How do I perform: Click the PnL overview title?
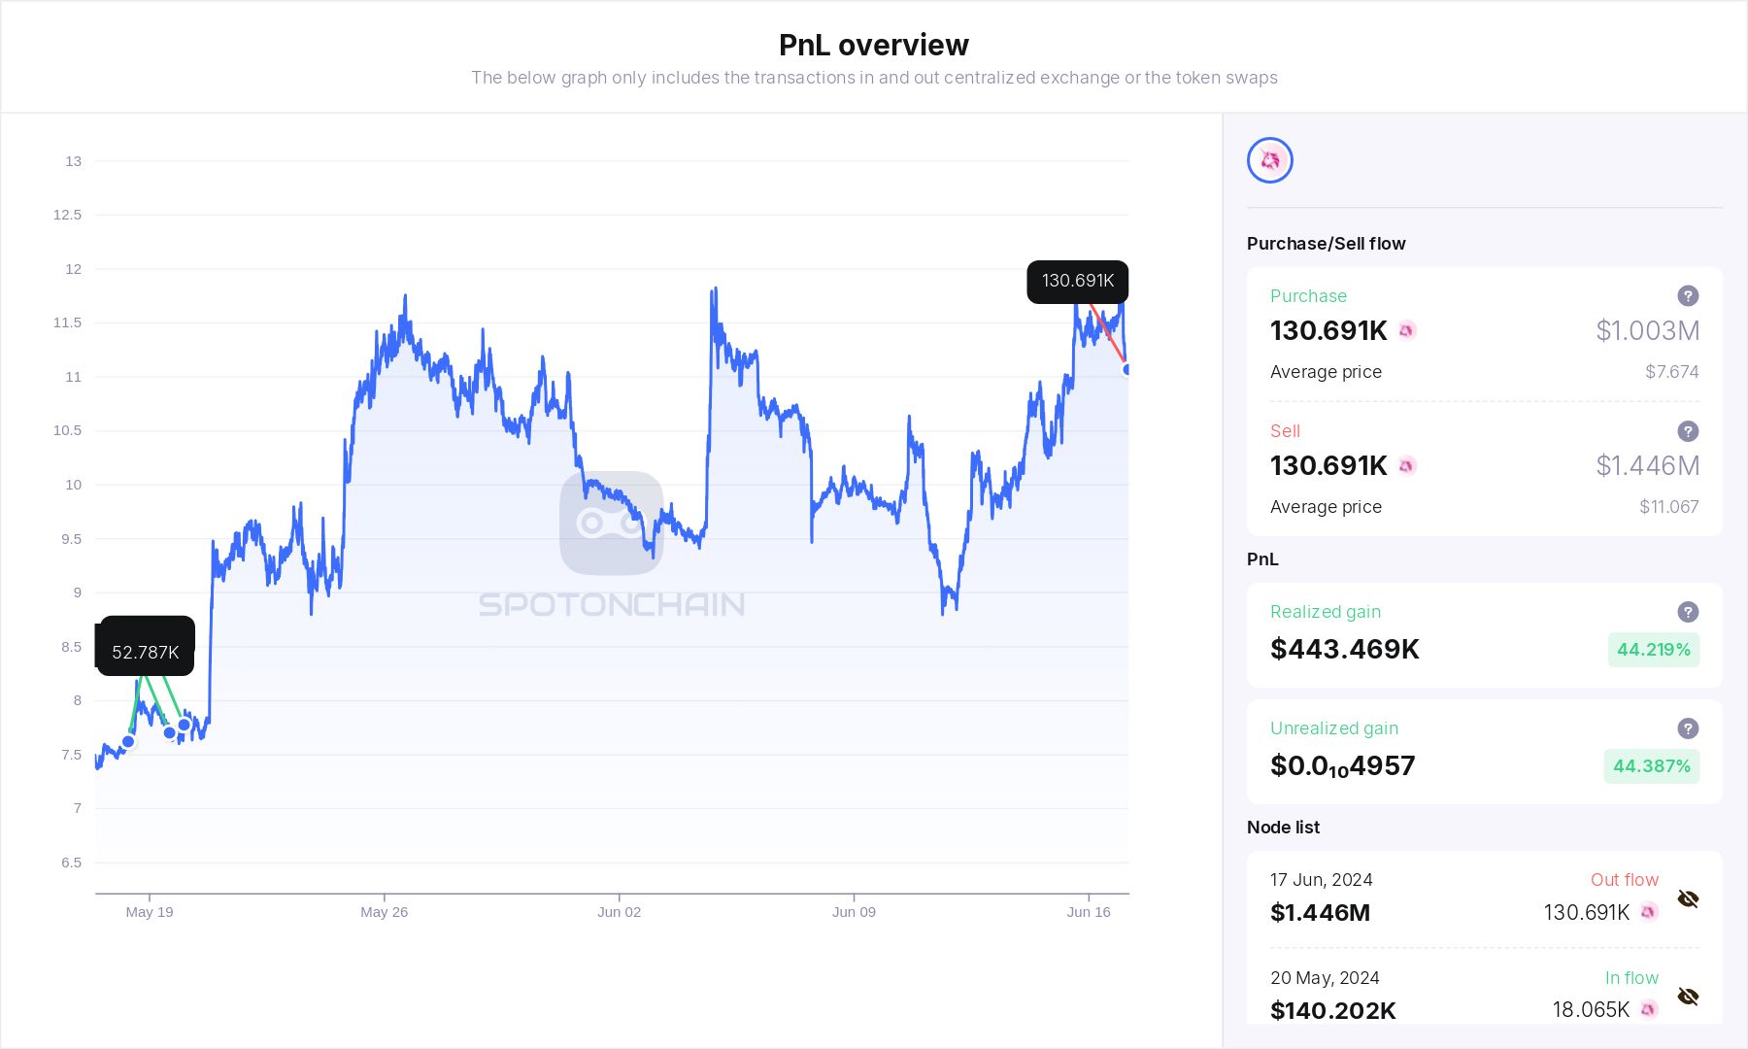coord(873,45)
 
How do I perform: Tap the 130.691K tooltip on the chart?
coord(1077,282)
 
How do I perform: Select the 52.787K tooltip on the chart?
coord(146,652)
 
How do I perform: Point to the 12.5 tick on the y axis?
coord(67,215)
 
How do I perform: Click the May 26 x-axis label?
coord(384,912)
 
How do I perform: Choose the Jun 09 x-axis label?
coord(854,912)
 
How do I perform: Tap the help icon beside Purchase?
coord(1688,296)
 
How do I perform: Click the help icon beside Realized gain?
coord(1688,612)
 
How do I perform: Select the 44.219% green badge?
coord(1653,650)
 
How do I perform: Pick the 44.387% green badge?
coord(1651,766)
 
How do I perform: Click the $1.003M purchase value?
coord(1647,331)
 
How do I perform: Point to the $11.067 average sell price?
coord(1668,507)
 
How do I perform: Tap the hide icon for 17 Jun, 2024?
coord(1688,899)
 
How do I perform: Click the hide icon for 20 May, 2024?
coord(1688,998)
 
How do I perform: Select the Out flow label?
coord(1624,880)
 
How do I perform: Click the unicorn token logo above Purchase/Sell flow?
coord(1269,160)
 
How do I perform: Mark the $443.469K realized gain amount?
coord(1344,649)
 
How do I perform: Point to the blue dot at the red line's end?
coord(1126,369)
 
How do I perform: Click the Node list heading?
coord(1283,828)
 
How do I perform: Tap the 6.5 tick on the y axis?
coord(71,863)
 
